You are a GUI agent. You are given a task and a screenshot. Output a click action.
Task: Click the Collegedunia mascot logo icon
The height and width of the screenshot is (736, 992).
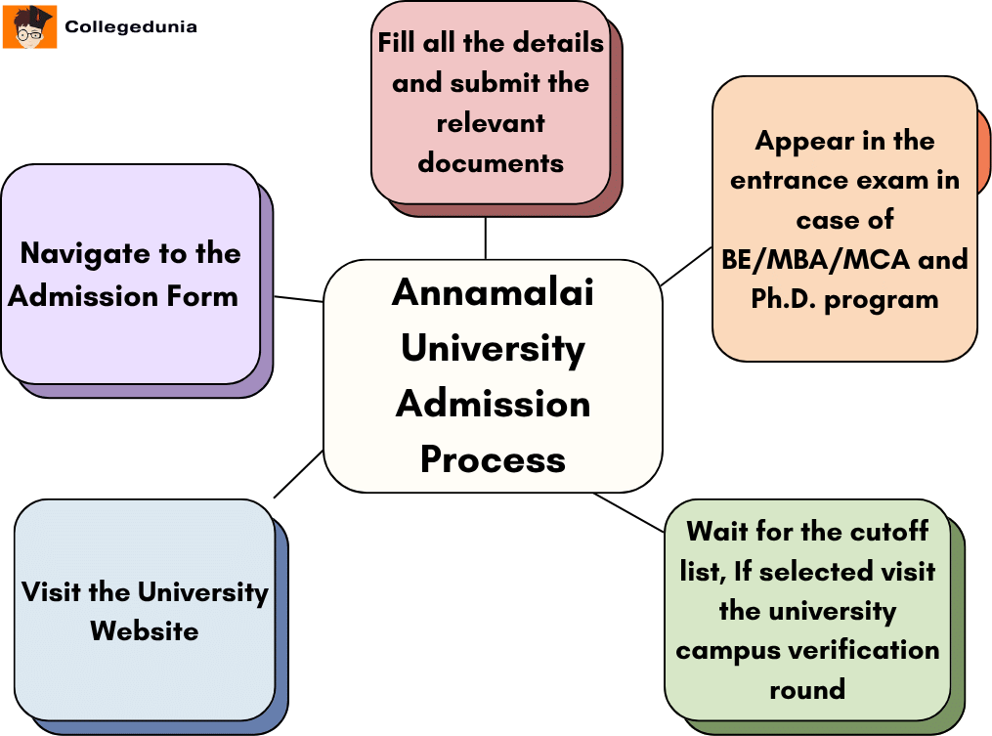[29, 26]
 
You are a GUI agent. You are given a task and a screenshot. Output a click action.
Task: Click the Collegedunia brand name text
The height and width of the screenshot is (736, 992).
[131, 27]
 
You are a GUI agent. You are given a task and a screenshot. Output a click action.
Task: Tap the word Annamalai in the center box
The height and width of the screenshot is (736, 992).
[493, 292]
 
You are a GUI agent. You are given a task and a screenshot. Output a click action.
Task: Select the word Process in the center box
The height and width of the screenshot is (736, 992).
[493, 459]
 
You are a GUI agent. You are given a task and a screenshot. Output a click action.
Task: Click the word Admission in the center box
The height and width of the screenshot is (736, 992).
[493, 404]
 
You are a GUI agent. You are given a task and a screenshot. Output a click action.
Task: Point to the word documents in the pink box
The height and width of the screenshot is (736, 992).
[491, 162]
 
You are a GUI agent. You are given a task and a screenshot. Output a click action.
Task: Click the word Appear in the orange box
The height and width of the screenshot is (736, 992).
[802, 141]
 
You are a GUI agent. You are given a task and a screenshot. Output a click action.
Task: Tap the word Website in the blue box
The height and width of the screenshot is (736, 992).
[145, 631]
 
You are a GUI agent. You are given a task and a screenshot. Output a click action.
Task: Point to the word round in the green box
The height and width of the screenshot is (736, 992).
[807, 689]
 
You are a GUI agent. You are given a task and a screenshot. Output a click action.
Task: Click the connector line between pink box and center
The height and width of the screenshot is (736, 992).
[486, 238]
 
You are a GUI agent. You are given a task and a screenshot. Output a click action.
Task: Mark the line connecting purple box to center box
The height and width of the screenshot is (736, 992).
[298, 298]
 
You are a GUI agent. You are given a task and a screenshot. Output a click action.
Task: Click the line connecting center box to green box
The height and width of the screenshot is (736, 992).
[628, 512]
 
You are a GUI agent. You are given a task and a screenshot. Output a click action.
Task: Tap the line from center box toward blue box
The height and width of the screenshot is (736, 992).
[298, 474]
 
